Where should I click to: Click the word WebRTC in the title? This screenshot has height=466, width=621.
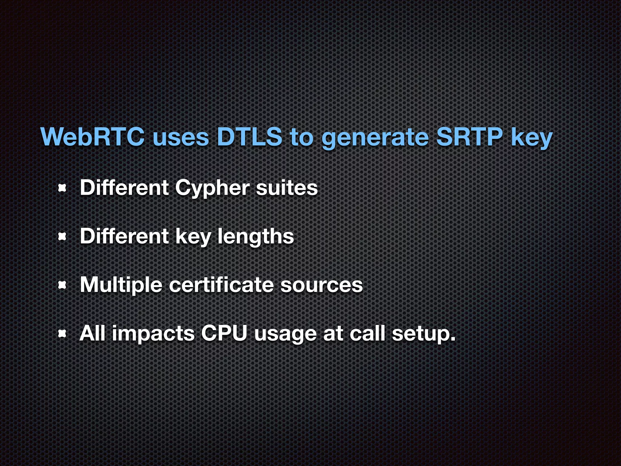pyautogui.click(x=92, y=137)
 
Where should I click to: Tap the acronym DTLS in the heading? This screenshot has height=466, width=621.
pyautogui.click(x=249, y=137)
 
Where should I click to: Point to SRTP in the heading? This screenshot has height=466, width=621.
pyautogui.click(x=469, y=137)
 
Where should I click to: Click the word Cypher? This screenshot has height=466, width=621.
pyautogui.click(x=212, y=188)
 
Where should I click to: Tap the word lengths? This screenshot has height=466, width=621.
pyautogui.click(x=256, y=237)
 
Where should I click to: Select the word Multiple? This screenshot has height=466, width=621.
pyautogui.click(x=121, y=285)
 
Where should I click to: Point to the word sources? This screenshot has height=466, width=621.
pyautogui.click(x=321, y=285)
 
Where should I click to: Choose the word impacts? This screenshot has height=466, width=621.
pyautogui.click(x=153, y=334)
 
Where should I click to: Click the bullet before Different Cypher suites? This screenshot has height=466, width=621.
pyautogui.click(x=62, y=188)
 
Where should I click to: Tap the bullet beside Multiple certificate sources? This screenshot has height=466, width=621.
pyautogui.click(x=62, y=285)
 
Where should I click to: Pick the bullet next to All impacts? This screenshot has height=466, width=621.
pyautogui.click(x=62, y=334)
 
